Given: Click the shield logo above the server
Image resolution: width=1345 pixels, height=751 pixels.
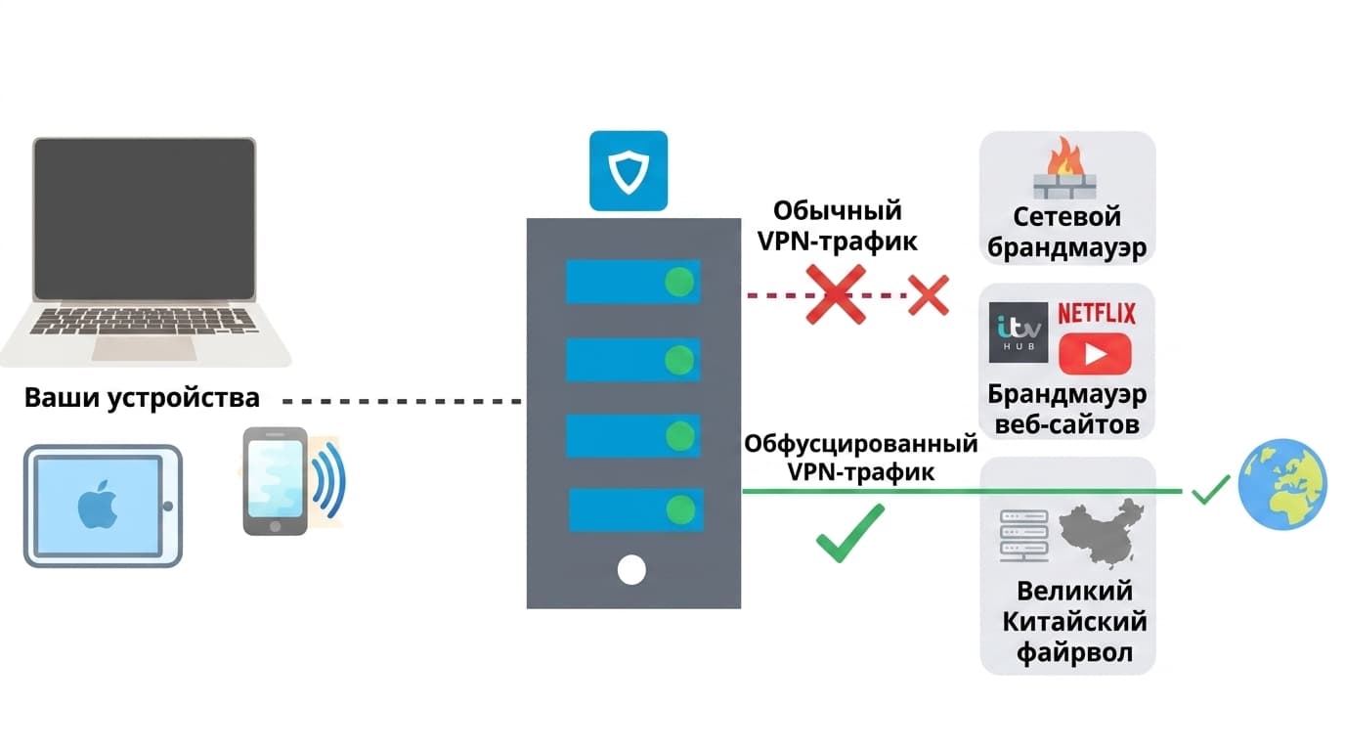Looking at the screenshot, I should pos(628,171).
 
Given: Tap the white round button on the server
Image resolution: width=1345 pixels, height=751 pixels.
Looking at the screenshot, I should pos(632,569).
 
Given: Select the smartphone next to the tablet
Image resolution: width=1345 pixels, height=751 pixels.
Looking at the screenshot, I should pos(275,481).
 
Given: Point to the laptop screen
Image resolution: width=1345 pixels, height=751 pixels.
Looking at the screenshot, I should pos(145,218).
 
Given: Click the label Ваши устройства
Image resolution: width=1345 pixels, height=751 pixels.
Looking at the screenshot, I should pos(143,398).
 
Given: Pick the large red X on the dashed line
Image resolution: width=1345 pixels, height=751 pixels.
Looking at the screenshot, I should pos(836,293).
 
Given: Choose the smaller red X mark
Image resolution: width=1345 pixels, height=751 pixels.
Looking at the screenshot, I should pos(928,294).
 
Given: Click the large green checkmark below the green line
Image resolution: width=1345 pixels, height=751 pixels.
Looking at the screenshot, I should pos(849,533).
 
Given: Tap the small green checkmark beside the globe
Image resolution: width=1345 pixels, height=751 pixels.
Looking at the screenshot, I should pos(1210,489).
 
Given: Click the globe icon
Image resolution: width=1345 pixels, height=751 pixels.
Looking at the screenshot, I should pos(1281,485).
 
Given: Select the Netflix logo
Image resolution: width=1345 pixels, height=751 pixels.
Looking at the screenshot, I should pos(1097,314).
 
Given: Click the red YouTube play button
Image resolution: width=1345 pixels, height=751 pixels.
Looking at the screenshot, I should pos(1095,353).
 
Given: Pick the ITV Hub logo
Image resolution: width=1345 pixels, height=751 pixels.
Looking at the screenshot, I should pos(1019,332).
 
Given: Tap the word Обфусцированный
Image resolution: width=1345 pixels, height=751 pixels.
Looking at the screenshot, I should pos(861,444).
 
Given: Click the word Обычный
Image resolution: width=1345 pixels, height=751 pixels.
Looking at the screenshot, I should pos(838,211).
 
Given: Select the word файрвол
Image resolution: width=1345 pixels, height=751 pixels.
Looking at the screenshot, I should pos(1067,652).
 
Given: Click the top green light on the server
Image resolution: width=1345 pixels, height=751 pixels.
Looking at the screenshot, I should pos(679,283).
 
